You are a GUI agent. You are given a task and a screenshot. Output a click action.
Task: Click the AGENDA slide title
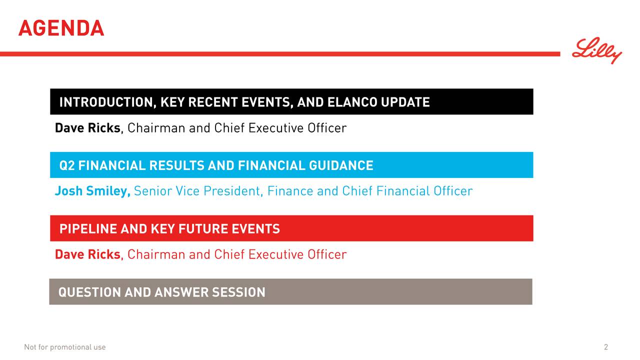click(x=61, y=28)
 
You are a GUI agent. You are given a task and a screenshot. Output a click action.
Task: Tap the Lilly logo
click(x=596, y=50)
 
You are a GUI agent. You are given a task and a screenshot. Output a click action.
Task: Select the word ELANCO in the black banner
click(x=352, y=102)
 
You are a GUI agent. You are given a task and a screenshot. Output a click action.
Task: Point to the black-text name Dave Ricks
click(x=87, y=128)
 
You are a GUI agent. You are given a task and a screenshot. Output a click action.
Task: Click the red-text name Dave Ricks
click(x=87, y=255)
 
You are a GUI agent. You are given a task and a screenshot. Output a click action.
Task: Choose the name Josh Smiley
click(x=92, y=191)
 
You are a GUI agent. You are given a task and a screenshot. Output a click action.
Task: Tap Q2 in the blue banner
click(x=67, y=165)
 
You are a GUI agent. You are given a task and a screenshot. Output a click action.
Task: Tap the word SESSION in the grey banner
click(x=238, y=292)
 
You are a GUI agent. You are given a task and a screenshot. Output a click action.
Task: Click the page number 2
click(x=606, y=347)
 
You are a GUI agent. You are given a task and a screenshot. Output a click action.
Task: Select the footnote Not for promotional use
click(x=65, y=347)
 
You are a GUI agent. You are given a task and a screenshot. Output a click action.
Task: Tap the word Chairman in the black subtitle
click(x=156, y=128)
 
